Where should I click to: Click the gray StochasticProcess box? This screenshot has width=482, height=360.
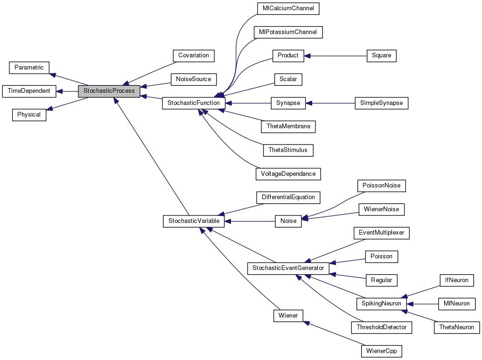pyautogui.click(x=109, y=91)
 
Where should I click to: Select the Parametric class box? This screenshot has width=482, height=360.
pyautogui.click(x=29, y=68)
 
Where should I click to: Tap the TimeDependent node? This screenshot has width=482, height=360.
pyautogui.click(x=29, y=91)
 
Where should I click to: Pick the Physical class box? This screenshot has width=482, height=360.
pyautogui.click(x=29, y=115)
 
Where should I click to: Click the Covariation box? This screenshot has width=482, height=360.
pyautogui.click(x=193, y=55)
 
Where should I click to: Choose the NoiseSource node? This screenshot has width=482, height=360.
pyautogui.click(x=193, y=79)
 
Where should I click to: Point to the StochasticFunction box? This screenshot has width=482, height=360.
pyautogui.click(x=194, y=103)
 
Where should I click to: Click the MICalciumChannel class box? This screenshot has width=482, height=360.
pyautogui.click(x=288, y=8)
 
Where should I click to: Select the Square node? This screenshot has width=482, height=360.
pyautogui.click(x=381, y=55)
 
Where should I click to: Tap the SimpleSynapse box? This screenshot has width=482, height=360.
pyautogui.click(x=381, y=103)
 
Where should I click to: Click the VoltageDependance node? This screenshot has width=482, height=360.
pyautogui.click(x=288, y=174)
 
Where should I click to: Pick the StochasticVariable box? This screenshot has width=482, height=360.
pyautogui.click(x=194, y=221)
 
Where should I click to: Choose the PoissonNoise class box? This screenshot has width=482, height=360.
pyautogui.click(x=381, y=186)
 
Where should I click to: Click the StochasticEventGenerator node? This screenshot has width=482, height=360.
pyautogui.click(x=288, y=269)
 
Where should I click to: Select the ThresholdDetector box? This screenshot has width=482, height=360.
pyautogui.click(x=381, y=327)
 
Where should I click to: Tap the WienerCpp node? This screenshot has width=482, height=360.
pyautogui.click(x=381, y=351)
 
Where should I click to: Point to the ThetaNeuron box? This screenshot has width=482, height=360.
pyautogui.click(x=456, y=327)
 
